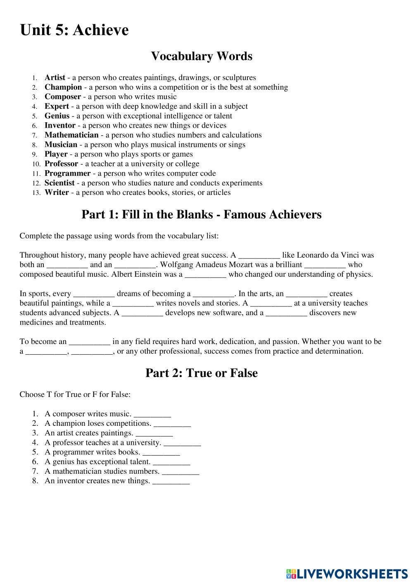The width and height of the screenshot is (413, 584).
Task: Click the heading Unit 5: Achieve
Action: pyautogui.click(x=74, y=30)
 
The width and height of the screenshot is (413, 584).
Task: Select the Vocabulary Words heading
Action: pyautogui.click(x=202, y=56)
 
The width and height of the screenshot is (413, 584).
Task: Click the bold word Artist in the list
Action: pyautogui.click(x=55, y=78)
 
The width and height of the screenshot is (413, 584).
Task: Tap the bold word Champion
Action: pyautogui.click(x=63, y=87)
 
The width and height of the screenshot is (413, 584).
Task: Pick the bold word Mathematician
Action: pyautogui.click(x=71, y=135)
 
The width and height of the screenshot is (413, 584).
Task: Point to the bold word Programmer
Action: pyautogui.click(x=67, y=173)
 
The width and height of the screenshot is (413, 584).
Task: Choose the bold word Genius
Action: pyautogui.click(x=57, y=116)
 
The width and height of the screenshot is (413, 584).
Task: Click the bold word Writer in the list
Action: pyautogui.click(x=57, y=192)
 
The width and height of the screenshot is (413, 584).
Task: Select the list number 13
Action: pyautogui.click(x=36, y=193)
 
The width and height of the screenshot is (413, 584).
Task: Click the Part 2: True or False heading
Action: pyautogui.click(x=202, y=373)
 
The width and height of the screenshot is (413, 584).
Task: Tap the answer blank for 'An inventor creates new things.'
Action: pyautogui.click(x=171, y=482)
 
